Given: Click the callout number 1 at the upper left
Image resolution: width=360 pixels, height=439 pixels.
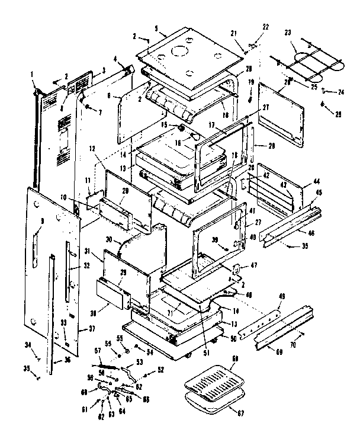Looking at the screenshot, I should [x=33, y=75].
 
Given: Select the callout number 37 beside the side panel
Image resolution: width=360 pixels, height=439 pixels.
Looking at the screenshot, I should [x=91, y=329].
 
